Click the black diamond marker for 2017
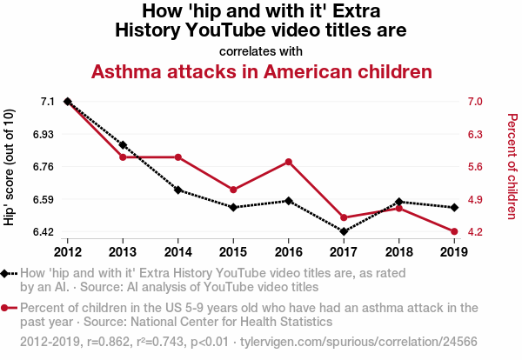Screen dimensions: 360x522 tap(344, 231)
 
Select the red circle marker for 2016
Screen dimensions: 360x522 tap(288, 162)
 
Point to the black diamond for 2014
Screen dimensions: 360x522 tap(177, 190)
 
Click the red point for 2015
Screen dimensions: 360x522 tap(233, 190)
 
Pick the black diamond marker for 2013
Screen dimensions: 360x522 tap(123, 144)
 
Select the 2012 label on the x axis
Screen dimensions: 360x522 tap(67, 252)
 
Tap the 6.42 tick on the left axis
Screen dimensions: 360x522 tap(42, 232)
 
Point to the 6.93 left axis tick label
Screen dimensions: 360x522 tap(42, 135)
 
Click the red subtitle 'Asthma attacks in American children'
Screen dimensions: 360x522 tap(262, 71)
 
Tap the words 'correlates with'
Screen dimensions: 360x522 tap(261, 50)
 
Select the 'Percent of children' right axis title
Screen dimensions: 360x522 tap(512, 165)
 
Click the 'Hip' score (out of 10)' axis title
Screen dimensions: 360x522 tap(10, 167)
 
